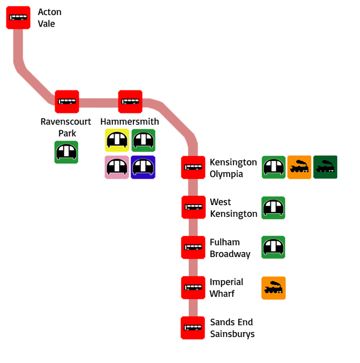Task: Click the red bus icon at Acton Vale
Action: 18,18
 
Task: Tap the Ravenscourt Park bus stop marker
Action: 67,101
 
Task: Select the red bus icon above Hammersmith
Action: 130,101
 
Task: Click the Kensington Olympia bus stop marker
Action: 193,167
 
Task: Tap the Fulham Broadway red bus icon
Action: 193,247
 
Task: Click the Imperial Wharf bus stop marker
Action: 193,287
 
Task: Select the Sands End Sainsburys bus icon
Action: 193,327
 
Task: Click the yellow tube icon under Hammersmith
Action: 117,141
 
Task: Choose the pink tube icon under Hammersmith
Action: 117,167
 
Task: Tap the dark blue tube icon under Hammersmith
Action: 143,167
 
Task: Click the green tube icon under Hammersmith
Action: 143,141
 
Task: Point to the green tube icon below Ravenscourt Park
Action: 67,152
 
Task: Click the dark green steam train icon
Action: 325,167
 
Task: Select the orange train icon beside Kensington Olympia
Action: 299,167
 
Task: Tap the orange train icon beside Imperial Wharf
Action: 273,288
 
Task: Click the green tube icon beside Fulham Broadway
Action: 273,248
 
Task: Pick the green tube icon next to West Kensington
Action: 273,208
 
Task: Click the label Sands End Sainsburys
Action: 232,328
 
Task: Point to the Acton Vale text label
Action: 50,18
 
